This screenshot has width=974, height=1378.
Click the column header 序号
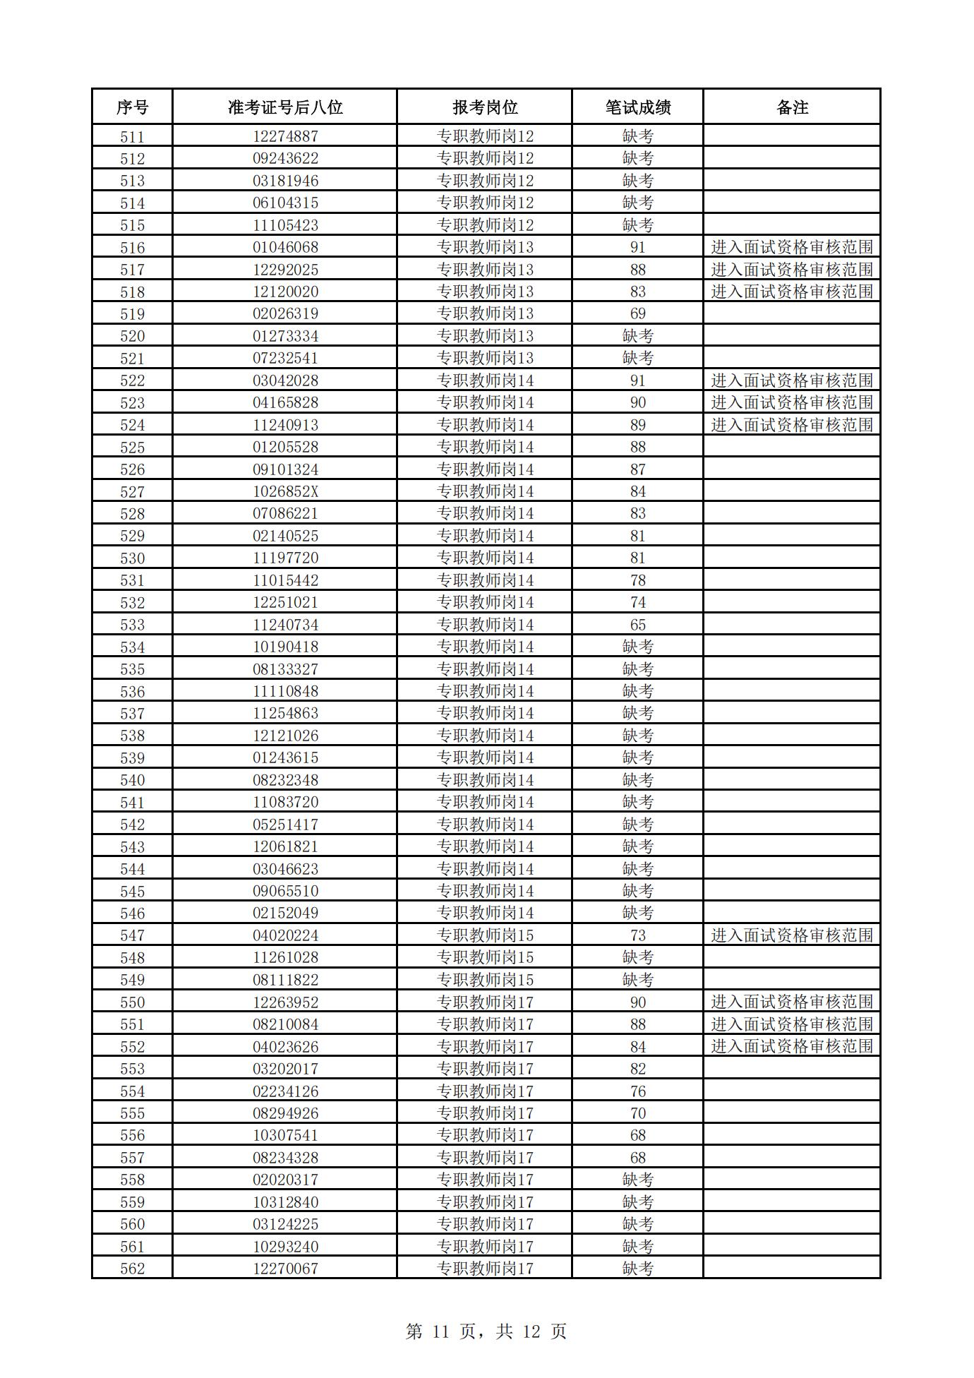tap(132, 107)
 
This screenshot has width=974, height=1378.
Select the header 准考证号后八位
tap(285, 107)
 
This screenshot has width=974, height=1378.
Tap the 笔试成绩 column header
tap(637, 107)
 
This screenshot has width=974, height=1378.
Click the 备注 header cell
tap(792, 107)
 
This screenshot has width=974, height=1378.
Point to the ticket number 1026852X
tap(285, 491)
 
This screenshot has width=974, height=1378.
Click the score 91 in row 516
tap(637, 247)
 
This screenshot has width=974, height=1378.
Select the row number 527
tap(132, 491)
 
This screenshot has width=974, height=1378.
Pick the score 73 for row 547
tap(637, 935)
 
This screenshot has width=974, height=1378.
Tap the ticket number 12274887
tap(285, 136)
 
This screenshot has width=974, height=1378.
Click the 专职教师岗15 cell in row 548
tap(485, 957)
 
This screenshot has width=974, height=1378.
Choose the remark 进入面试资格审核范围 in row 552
tap(792, 1046)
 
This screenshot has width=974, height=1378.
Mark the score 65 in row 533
tap(637, 625)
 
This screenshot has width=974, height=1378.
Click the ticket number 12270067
tap(285, 1269)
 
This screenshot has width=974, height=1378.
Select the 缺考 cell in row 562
tap(637, 1269)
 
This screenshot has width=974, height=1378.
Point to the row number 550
tap(132, 1002)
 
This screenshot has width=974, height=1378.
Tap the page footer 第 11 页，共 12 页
tap(486, 1331)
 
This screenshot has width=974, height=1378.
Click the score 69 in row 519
tap(637, 313)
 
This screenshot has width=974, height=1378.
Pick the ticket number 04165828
tap(285, 402)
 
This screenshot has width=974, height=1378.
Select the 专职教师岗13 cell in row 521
tap(485, 358)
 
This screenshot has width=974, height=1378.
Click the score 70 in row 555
tap(637, 1113)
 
